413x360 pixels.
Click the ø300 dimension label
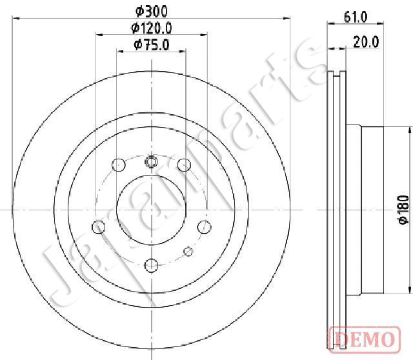coord(152,12)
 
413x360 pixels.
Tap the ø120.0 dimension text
coord(152,28)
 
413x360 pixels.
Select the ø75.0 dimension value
coord(152,45)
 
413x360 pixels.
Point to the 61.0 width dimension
coord(356,17)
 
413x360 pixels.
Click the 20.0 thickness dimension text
coord(366,42)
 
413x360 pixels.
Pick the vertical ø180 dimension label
coord(404,210)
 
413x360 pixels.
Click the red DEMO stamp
coord(365,339)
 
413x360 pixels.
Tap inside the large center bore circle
coord(152,210)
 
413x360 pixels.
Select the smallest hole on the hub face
coord(188,251)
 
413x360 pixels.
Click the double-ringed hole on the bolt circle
coord(151,161)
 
